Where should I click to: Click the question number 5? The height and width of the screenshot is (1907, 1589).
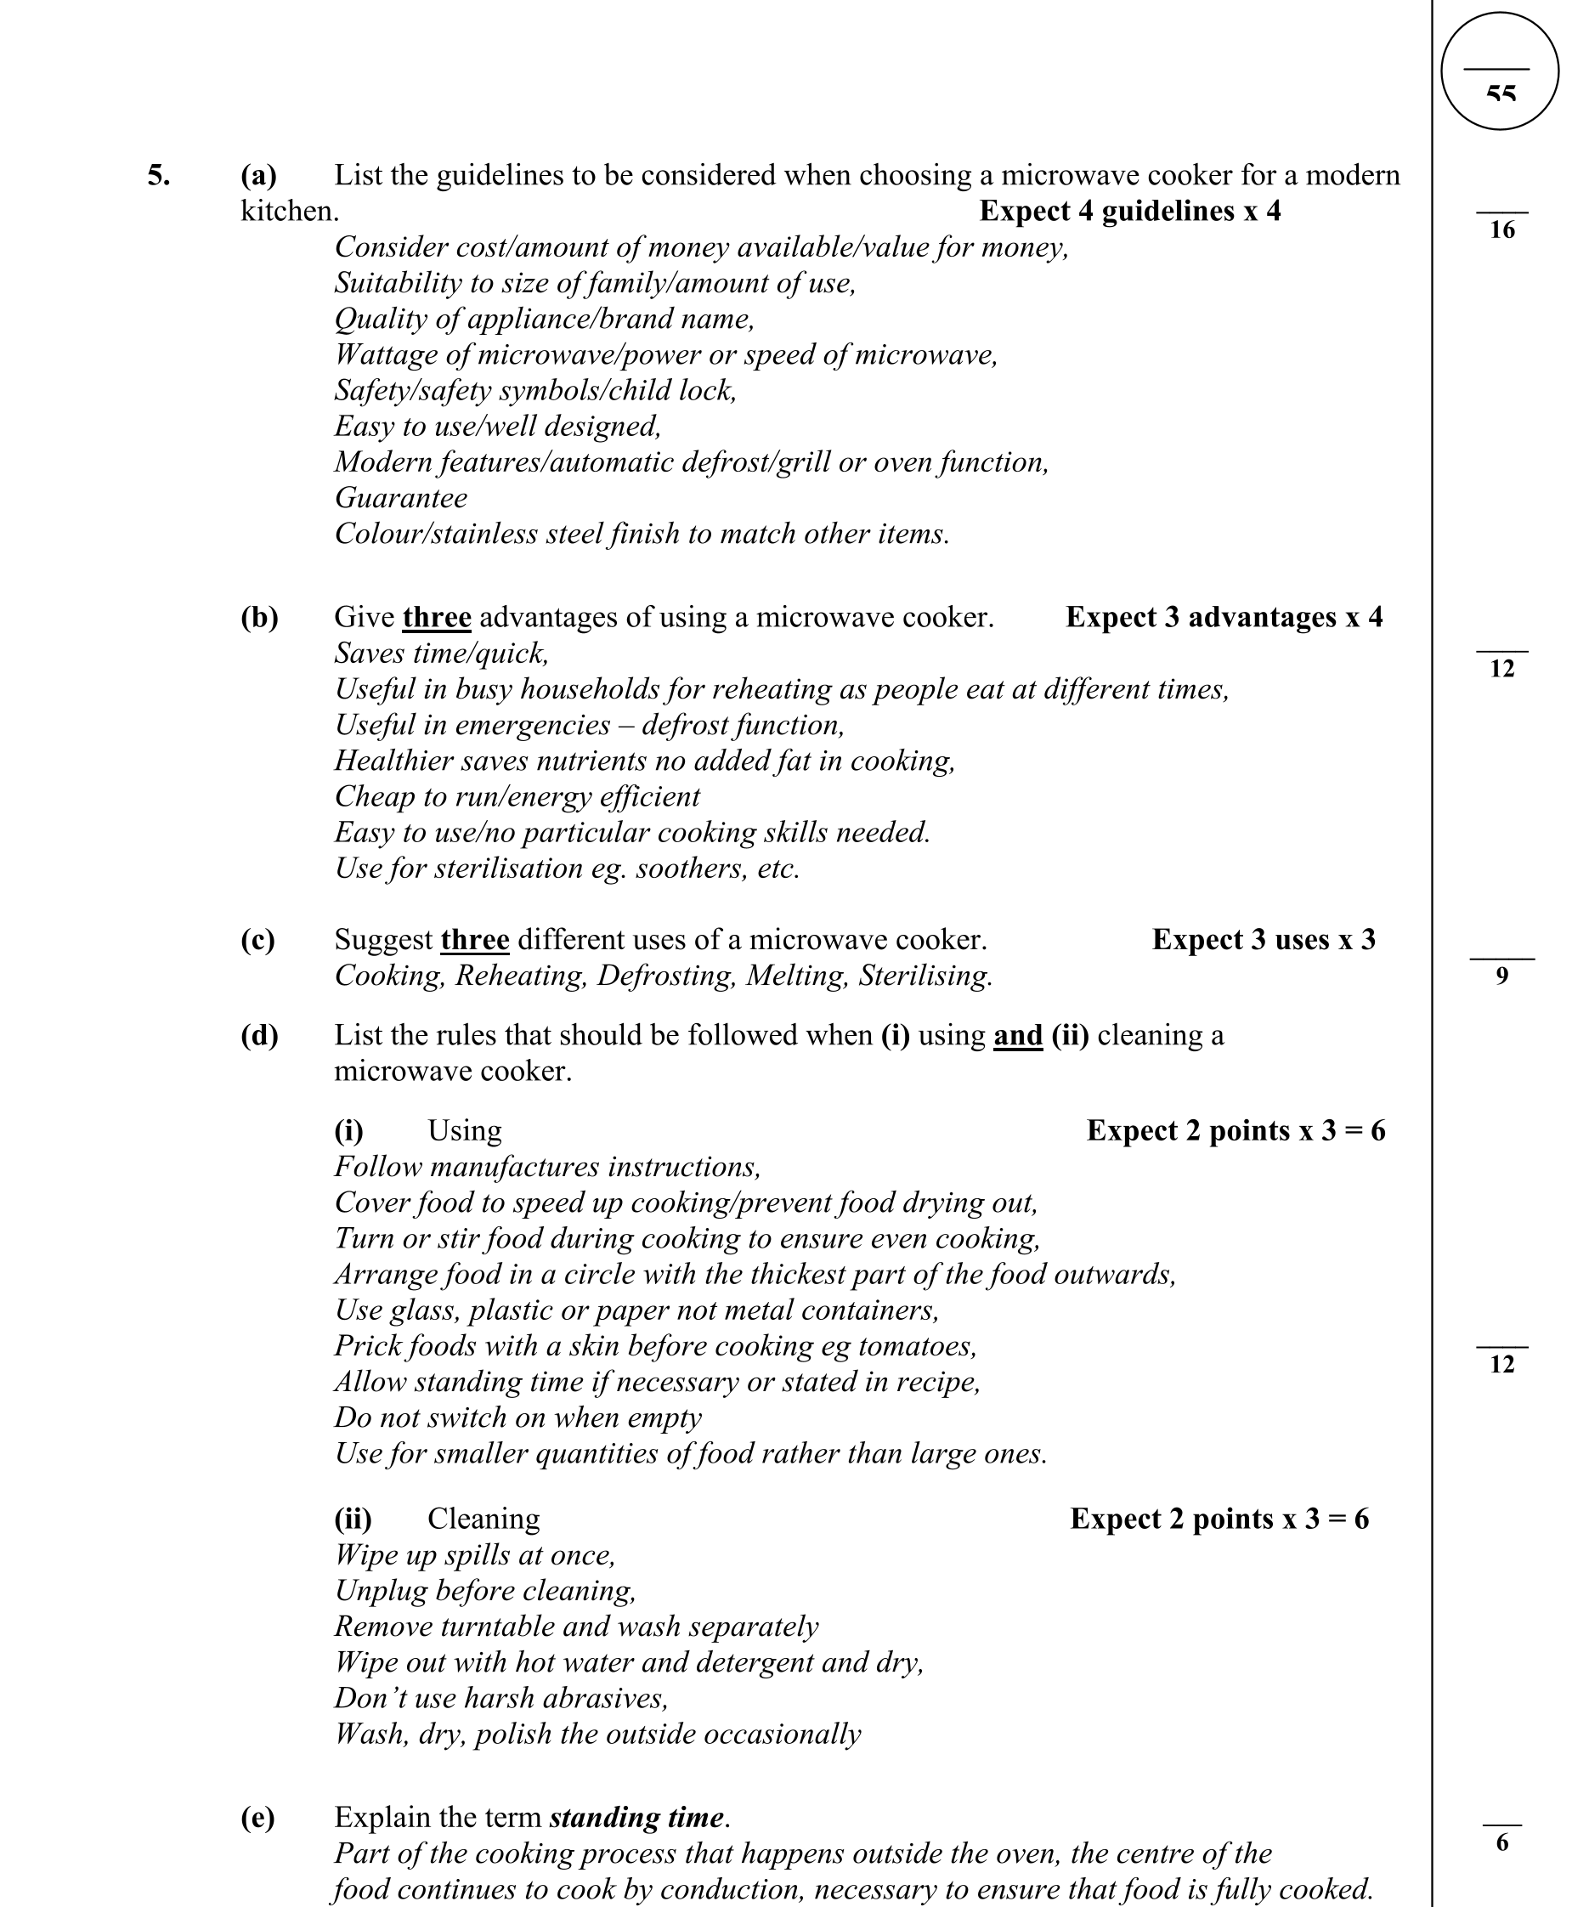pos(158,175)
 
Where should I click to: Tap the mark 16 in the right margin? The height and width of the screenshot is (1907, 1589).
pos(1501,229)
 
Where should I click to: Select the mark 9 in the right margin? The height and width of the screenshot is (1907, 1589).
pos(1501,976)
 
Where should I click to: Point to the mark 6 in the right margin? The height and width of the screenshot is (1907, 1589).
pos(1501,1842)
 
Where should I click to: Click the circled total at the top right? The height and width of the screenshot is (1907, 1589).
pos(1499,71)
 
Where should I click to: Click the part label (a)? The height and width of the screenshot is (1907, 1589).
pos(259,175)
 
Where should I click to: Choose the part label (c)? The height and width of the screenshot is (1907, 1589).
pos(257,939)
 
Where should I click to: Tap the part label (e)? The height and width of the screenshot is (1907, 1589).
pos(257,1817)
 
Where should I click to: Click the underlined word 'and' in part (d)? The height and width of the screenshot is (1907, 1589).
pos(1018,1035)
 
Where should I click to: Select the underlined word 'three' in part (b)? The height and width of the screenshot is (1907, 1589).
pos(437,618)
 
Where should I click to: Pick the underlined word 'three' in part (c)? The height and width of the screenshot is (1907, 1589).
pos(475,939)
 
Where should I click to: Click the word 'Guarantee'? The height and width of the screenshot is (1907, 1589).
pos(401,498)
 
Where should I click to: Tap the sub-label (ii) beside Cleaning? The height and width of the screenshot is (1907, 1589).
pos(353,1519)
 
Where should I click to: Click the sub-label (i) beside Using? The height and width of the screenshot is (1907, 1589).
pos(348,1130)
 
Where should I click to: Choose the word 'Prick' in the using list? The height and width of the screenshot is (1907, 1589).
pos(368,1346)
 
